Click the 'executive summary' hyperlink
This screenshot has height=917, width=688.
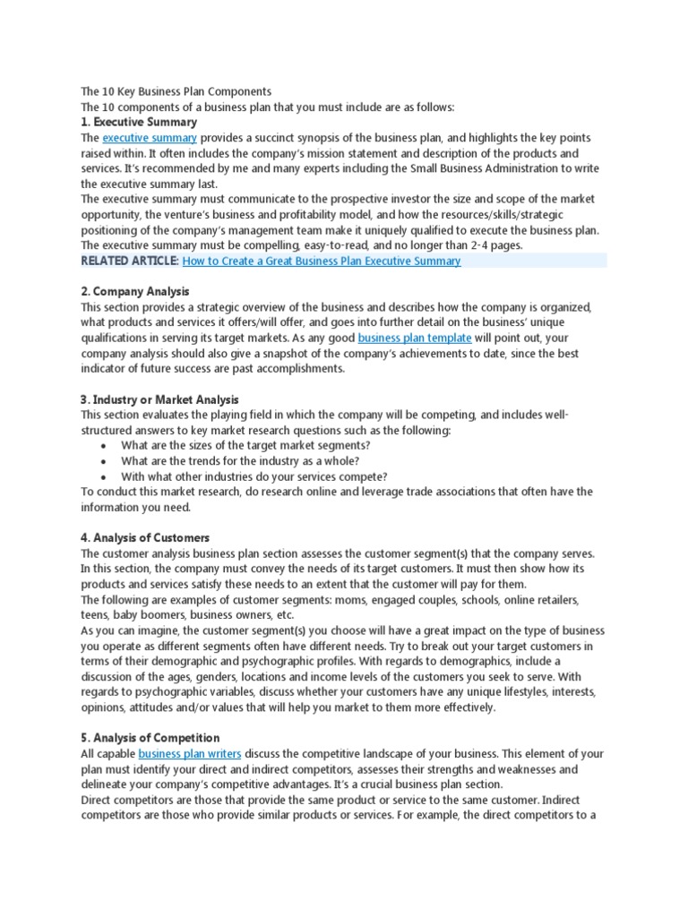[x=150, y=138]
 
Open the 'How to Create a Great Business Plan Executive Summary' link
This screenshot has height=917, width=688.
[x=322, y=261]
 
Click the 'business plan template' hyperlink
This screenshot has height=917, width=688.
[x=415, y=338]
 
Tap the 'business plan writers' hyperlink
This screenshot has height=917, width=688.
[x=190, y=753]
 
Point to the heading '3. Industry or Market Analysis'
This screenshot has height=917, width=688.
[x=159, y=399]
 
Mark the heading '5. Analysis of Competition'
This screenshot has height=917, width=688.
[x=150, y=737]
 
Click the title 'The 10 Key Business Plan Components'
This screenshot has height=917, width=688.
[x=176, y=91]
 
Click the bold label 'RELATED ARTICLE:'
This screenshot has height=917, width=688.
[x=130, y=261]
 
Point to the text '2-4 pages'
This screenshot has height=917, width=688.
[x=494, y=245]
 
